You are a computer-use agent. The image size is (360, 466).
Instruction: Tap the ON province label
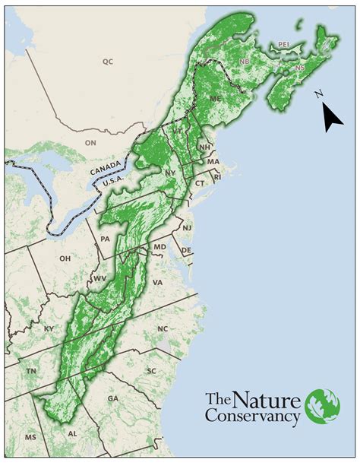pos(90,143)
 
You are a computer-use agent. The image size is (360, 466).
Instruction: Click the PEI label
pos(285,45)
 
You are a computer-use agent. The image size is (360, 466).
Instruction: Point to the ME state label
pos(215,99)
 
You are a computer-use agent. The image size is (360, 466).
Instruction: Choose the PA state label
pos(106,239)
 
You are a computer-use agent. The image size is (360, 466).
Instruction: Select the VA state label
pos(157,283)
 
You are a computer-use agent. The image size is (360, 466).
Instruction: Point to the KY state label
pos(49,328)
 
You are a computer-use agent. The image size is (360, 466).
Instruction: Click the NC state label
pos(162,329)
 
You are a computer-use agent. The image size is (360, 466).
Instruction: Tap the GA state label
pos(113,398)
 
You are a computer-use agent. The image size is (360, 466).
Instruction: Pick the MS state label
pos(30,438)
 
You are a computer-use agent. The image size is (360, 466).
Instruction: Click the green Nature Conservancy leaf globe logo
pos(323,407)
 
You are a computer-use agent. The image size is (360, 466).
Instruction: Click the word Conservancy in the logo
pos(253,416)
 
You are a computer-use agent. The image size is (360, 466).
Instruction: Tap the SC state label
pos(151,371)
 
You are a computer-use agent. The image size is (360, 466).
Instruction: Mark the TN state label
pos(32,371)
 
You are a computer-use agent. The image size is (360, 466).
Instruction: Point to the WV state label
pos(99,280)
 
